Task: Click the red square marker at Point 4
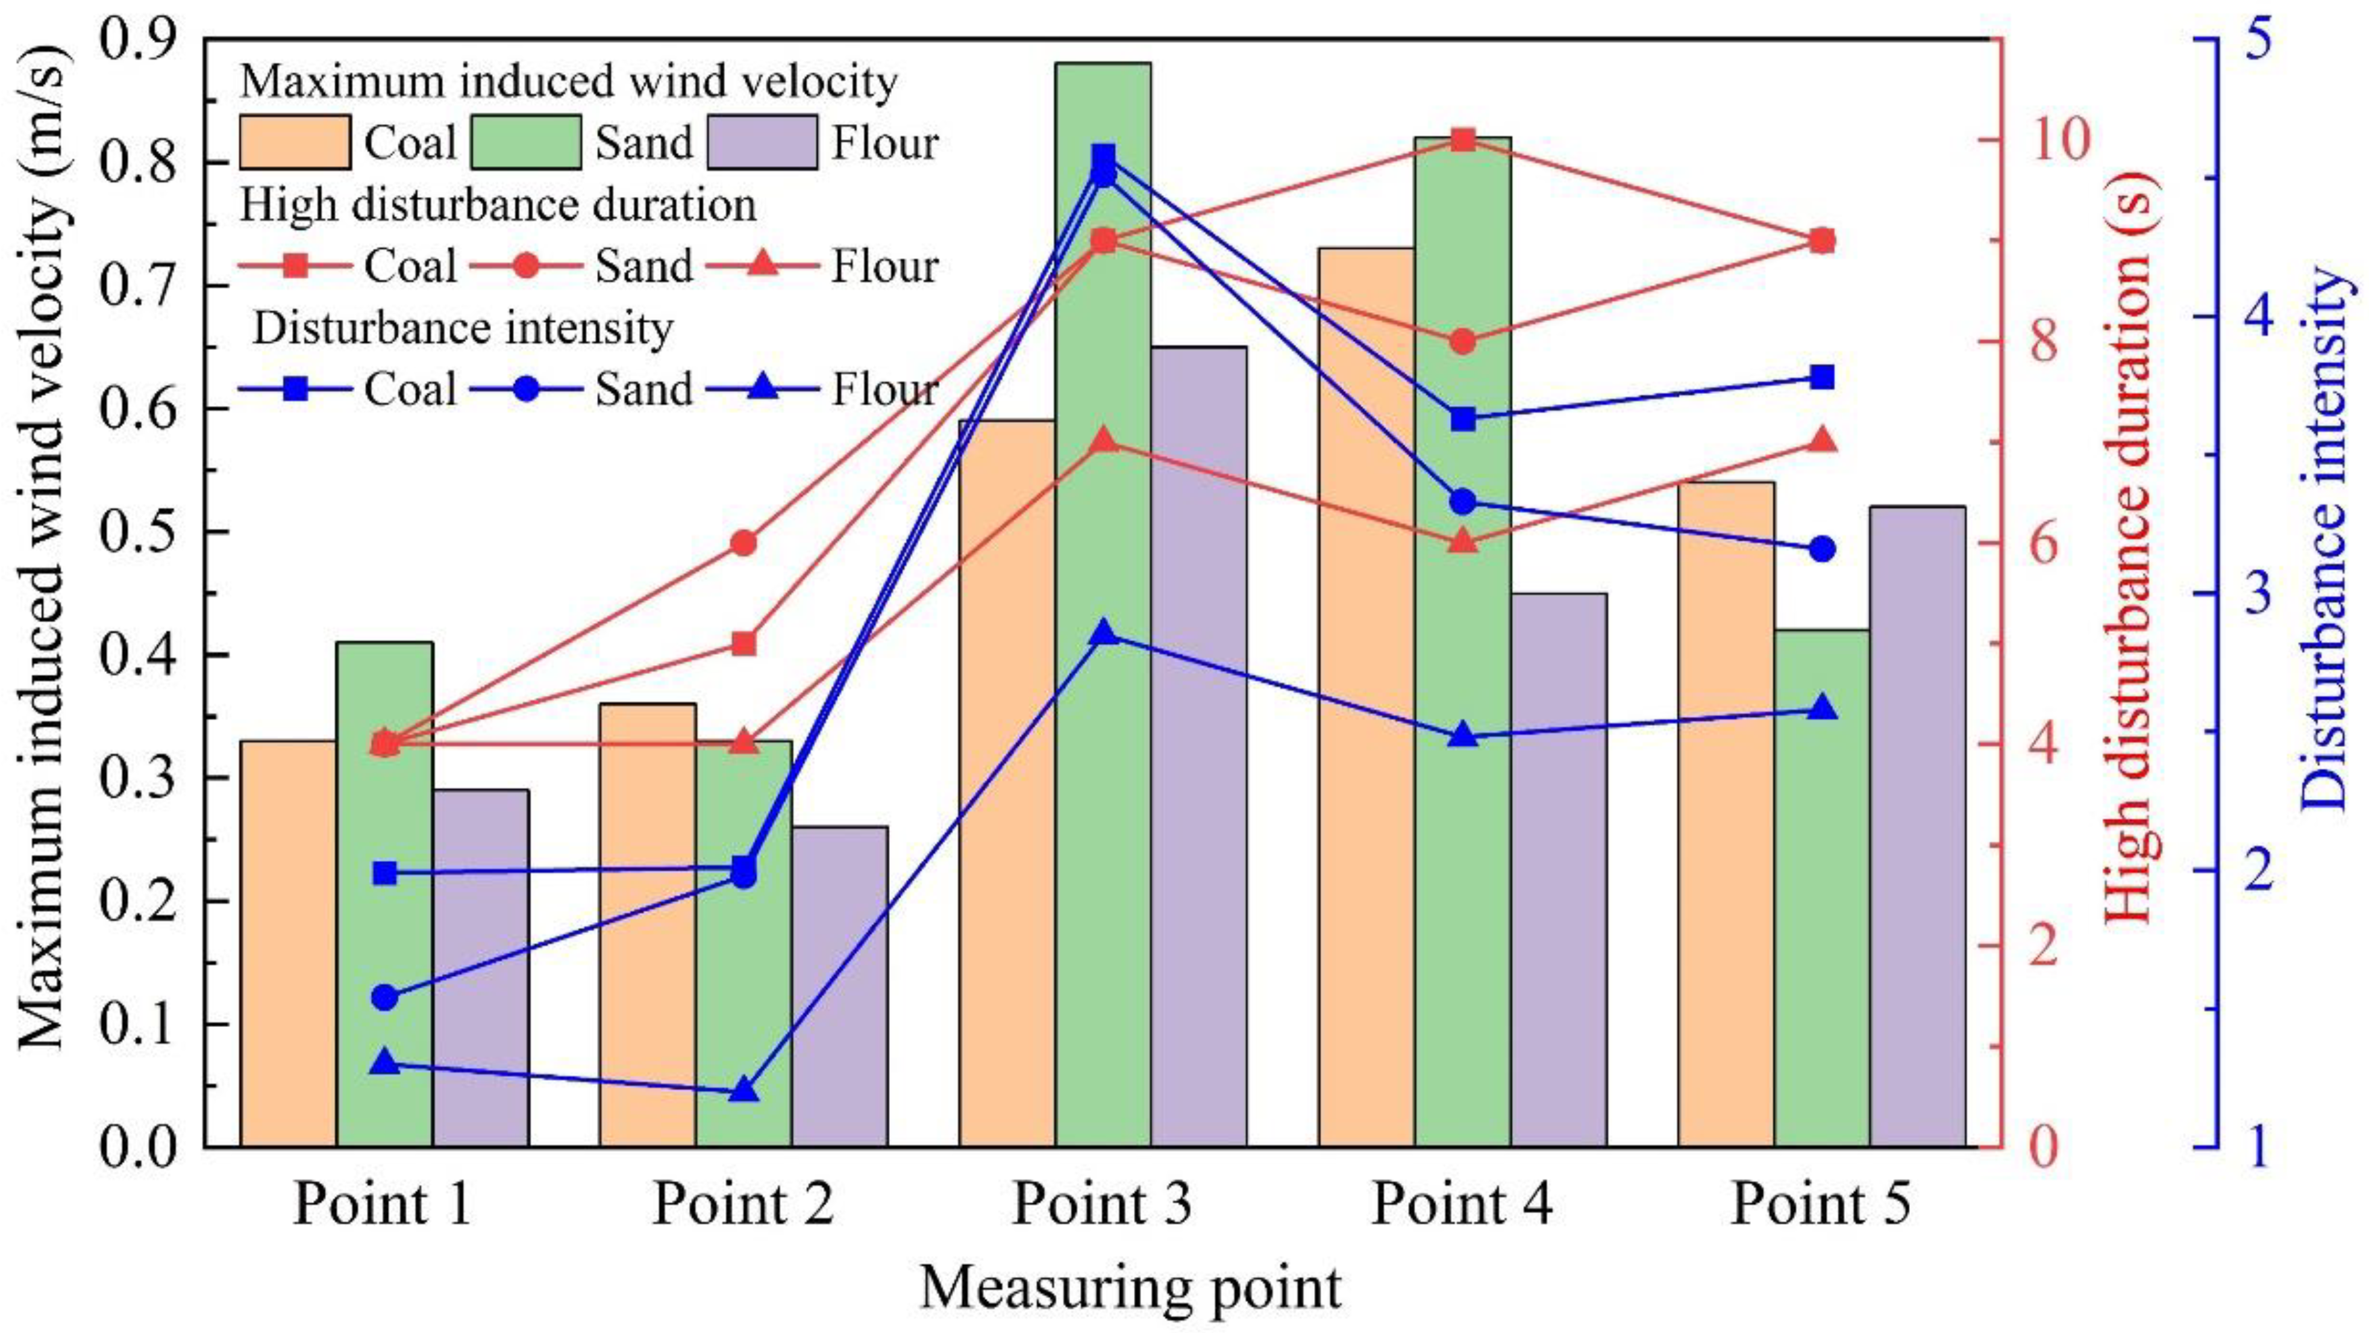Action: pyautogui.click(x=1463, y=140)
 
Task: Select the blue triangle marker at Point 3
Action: pyautogui.click(x=1104, y=634)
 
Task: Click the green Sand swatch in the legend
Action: pyautogui.click(x=526, y=143)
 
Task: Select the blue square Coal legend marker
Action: pyautogui.click(x=294, y=389)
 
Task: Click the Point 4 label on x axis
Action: pyautogui.click(x=1462, y=1204)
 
